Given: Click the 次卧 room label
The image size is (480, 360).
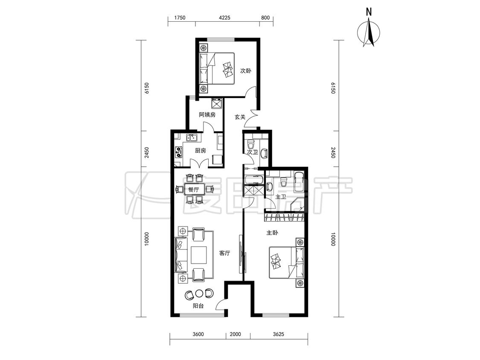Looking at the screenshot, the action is click(x=245, y=71).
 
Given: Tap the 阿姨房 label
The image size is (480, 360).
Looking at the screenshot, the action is click(x=207, y=115).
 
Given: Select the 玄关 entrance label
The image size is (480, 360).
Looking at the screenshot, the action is click(x=240, y=117).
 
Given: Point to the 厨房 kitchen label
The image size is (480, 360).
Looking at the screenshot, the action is click(x=201, y=151).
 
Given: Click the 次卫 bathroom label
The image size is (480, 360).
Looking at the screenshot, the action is click(x=252, y=152).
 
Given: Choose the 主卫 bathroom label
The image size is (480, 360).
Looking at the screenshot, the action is click(x=280, y=197).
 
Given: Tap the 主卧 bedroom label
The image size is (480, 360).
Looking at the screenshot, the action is click(x=272, y=233).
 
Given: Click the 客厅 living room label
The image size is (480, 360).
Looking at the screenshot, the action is click(x=225, y=253).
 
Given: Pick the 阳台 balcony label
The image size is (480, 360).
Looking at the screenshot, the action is click(x=198, y=306).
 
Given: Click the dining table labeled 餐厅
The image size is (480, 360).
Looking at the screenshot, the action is click(x=194, y=189).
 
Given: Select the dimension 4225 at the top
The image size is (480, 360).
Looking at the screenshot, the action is click(x=224, y=17).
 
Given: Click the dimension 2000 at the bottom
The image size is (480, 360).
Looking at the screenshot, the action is click(x=235, y=334).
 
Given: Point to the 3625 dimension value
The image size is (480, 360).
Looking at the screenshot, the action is click(x=278, y=334).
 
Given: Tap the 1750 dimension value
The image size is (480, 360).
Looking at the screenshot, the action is click(x=180, y=17).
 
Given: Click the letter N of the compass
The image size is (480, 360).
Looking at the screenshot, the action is click(x=369, y=12).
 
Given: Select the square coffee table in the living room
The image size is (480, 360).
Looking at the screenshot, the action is click(x=199, y=255).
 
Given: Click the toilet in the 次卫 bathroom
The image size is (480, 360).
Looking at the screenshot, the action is click(x=251, y=143).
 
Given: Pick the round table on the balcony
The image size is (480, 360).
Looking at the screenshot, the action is click(x=199, y=293).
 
